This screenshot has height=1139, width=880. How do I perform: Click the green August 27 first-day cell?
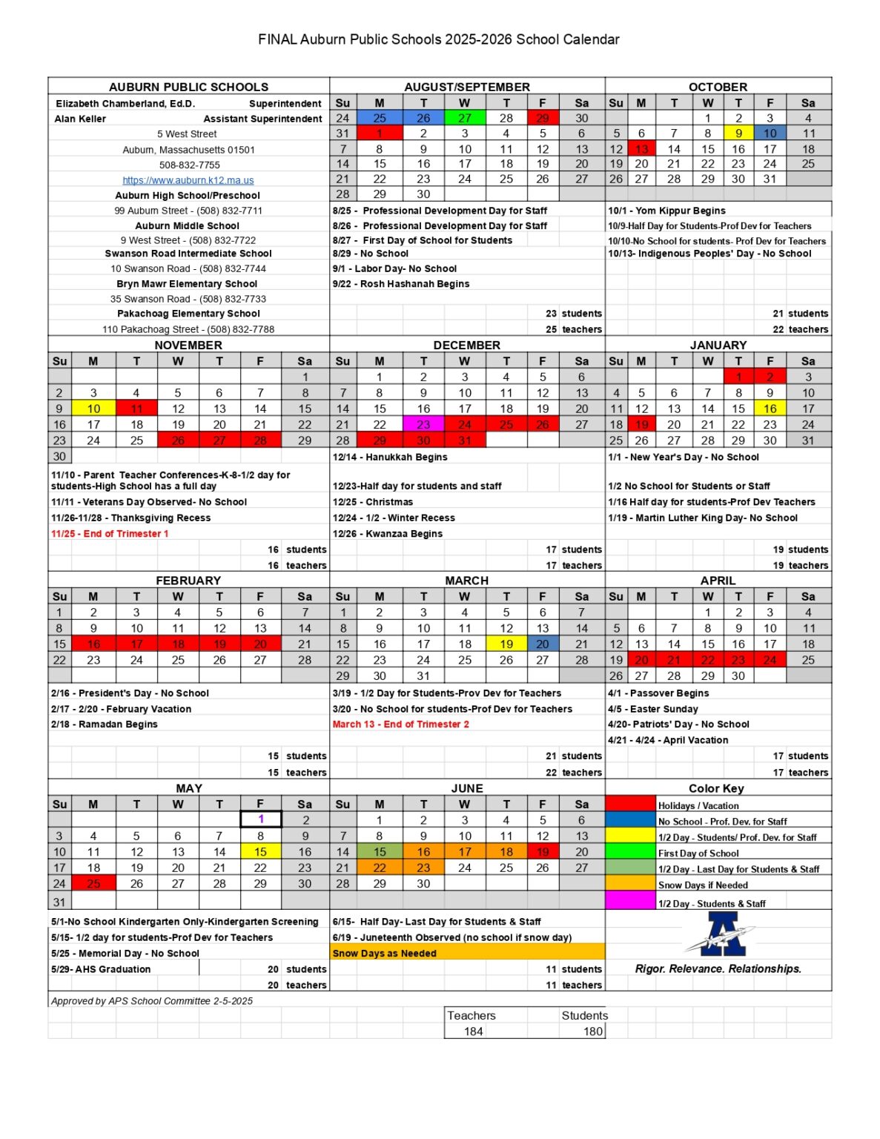click(464, 118)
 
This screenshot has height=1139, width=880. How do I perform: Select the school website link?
click(188, 180)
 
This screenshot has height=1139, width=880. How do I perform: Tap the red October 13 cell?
click(641, 149)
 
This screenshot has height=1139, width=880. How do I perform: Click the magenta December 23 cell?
click(423, 425)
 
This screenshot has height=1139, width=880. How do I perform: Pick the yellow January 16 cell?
click(770, 409)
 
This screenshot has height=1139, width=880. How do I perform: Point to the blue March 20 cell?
click(543, 644)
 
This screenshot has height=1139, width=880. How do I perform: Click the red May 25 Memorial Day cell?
click(93, 884)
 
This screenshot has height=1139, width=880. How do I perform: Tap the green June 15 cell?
click(380, 852)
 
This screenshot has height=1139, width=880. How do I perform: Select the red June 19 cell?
click(543, 852)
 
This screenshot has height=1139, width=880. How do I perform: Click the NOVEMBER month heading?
click(188, 346)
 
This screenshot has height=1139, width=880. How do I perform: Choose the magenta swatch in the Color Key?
click(630, 901)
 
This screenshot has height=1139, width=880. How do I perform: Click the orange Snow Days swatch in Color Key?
click(630, 885)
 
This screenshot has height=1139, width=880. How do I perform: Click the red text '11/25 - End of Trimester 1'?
click(110, 534)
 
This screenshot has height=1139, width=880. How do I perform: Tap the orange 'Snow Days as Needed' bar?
click(467, 954)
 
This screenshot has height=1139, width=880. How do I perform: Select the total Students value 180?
click(593, 1031)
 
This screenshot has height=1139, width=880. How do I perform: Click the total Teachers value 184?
click(473, 1031)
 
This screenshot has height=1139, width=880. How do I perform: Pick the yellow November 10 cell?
click(93, 409)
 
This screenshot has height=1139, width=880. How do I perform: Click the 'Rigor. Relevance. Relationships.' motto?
click(718, 969)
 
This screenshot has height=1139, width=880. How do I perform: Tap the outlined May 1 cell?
click(261, 819)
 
